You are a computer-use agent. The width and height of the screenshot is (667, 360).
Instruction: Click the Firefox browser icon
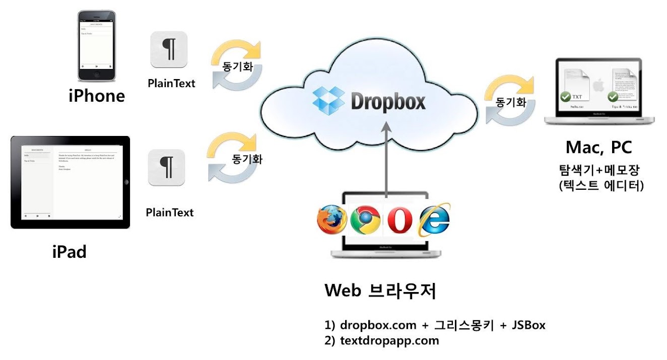(332, 221)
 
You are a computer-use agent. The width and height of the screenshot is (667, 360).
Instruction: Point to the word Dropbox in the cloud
(388, 101)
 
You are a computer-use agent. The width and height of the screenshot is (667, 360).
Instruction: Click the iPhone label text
(97, 95)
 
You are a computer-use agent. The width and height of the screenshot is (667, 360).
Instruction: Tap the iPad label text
(70, 251)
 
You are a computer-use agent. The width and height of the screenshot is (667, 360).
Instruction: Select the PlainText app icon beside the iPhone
(169, 49)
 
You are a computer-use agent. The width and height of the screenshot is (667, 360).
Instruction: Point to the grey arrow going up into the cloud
(386, 161)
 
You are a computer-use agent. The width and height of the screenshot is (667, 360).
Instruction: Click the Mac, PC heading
(598, 148)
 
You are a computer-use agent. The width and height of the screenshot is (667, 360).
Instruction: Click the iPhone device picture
(96, 46)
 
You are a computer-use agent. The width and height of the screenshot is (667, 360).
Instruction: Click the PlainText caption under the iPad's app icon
(170, 212)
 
